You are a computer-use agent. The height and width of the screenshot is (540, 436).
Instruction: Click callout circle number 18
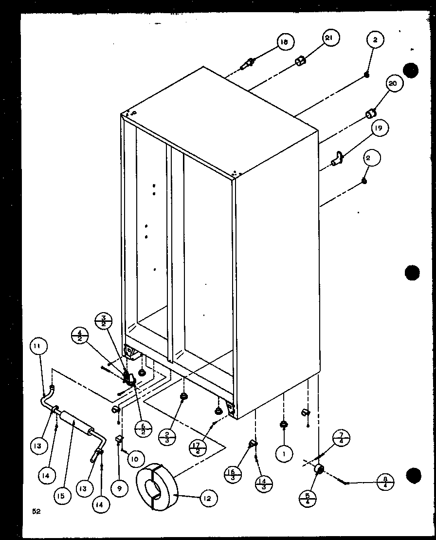284,43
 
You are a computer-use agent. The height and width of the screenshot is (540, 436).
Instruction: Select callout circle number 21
330,38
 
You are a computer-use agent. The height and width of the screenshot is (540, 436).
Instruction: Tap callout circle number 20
393,84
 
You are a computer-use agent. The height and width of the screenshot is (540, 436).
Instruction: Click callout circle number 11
38,347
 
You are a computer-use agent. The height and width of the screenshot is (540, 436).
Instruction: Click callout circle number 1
283,454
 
